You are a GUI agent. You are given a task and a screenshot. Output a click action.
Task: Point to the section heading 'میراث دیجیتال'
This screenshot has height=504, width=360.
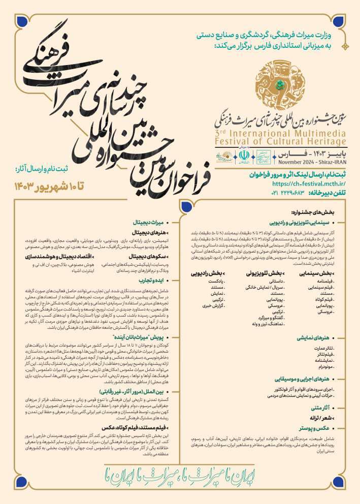click(148, 222)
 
